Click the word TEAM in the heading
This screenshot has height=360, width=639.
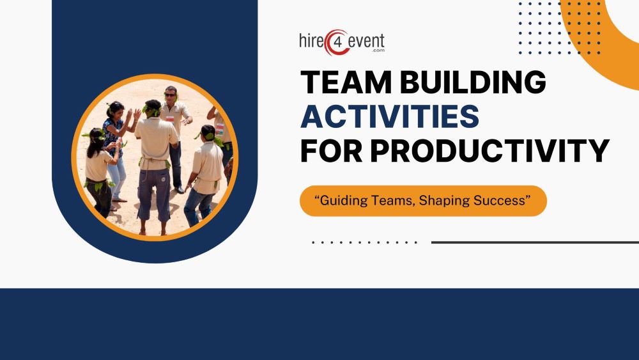343,83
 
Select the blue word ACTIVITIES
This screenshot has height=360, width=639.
390,117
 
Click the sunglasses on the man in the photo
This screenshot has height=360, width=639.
170,95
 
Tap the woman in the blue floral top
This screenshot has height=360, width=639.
116,137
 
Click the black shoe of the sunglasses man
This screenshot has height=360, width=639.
180,189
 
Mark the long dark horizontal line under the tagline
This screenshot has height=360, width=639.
534,242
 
